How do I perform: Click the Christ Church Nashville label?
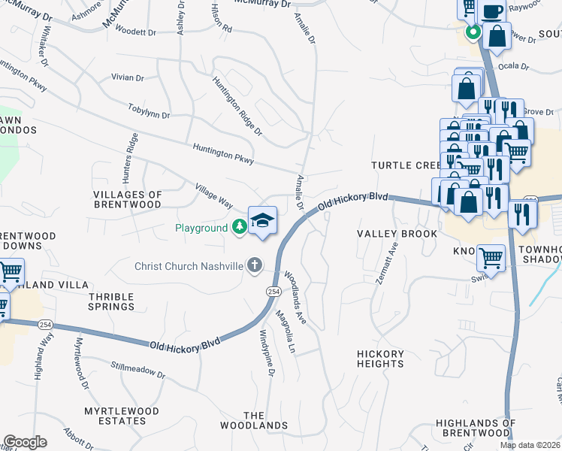[x=189, y=266]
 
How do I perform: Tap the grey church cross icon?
[x=255, y=265]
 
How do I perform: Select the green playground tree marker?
[x=239, y=226]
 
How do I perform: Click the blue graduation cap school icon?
[x=262, y=220]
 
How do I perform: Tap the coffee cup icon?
[x=493, y=12]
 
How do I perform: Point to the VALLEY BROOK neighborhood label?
[x=397, y=234]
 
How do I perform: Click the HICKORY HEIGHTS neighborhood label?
[x=380, y=359]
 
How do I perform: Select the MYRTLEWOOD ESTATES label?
[x=121, y=416]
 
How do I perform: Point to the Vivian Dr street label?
[x=128, y=77]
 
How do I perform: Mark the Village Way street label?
[x=214, y=197]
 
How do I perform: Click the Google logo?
[x=25, y=442]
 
